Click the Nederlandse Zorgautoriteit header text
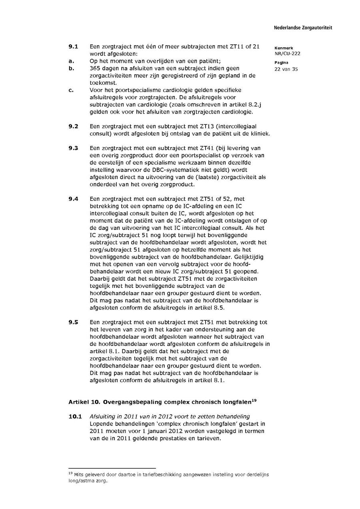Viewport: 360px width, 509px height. click(x=303, y=28)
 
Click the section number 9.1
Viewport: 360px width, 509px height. click(x=73, y=46)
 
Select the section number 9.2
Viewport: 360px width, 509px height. click(x=73, y=126)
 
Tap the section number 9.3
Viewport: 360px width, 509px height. click(x=73, y=148)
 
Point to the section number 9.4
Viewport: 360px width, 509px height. click(x=73, y=199)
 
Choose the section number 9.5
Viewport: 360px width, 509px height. click(x=73, y=322)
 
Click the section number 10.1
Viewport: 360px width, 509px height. click(x=75, y=417)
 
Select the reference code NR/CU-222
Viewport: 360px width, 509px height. click(x=287, y=54)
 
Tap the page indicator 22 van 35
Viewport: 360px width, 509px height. click(x=286, y=69)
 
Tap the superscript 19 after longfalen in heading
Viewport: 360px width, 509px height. click(x=254, y=399)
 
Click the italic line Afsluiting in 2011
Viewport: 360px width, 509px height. click(x=170, y=417)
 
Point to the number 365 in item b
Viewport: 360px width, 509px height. click(x=95, y=68)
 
